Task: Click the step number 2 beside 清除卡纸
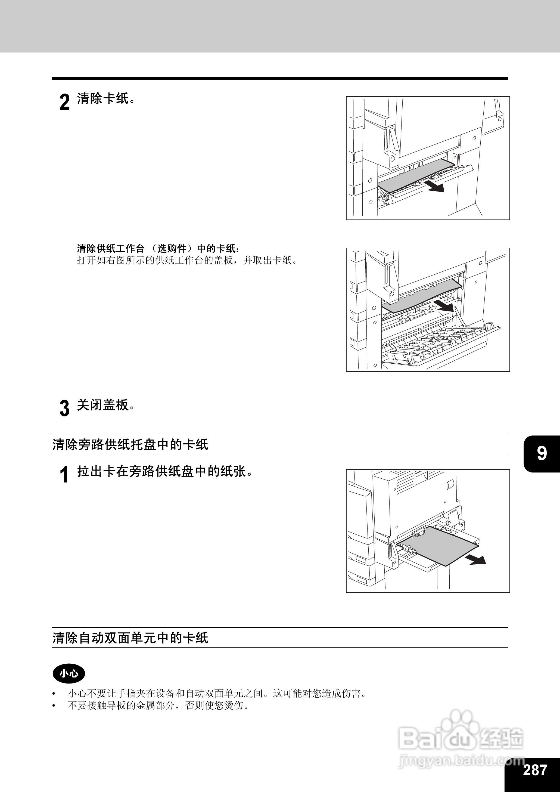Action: tap(64, 103)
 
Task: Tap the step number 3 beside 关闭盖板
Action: tap(64, 409)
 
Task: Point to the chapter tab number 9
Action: tap(542, 453)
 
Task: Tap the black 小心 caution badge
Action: tap(69, 673)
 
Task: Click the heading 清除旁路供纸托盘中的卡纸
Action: tap(130, 445)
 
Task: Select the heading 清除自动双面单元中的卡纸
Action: tap(130, 638)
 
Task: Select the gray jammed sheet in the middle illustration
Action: tap(421, 297)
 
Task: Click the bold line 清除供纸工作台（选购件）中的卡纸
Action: tap(158, 248)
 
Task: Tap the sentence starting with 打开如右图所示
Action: tap(187, 260)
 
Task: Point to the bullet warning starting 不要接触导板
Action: tap(158, 706)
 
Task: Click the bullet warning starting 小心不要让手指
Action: tap(217, 693)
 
